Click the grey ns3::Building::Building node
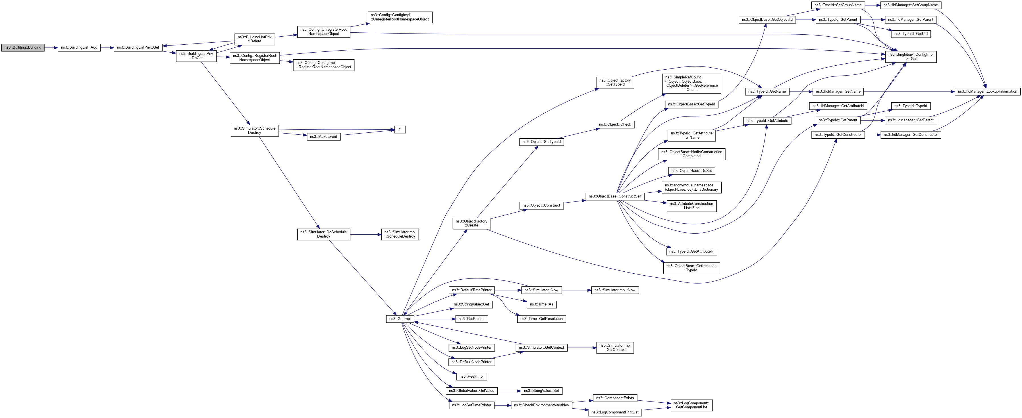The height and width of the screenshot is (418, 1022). (23, 47)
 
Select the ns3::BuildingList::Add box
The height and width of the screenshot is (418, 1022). (79, 47)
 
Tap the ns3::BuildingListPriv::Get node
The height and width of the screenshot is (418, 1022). (138, 47)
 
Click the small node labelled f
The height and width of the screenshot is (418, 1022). (400, 130)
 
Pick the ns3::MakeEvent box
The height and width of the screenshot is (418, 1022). (323, 137)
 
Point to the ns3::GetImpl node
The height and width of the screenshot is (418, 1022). (400, 319)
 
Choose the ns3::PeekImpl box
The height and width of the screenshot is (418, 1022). (471, 376)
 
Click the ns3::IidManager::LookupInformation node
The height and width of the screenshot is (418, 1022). (987, 91)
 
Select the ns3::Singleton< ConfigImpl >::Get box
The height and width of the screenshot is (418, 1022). (911, 57)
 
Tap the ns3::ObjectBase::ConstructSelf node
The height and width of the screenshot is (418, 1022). (614, 196)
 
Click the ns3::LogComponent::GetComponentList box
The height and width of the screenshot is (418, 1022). (691, 405)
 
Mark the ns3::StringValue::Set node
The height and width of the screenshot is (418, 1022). (541, 391)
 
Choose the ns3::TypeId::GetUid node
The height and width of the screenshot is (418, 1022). (911, 34)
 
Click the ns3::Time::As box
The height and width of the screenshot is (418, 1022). (541, 305)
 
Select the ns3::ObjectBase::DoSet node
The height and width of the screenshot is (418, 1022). (691, 171)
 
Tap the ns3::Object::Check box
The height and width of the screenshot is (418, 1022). (614, 124)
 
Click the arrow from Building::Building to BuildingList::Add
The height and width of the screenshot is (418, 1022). (51, 47)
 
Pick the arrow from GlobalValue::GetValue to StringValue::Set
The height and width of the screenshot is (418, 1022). (509, 391)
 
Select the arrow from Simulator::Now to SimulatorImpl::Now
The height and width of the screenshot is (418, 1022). (576, 290)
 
